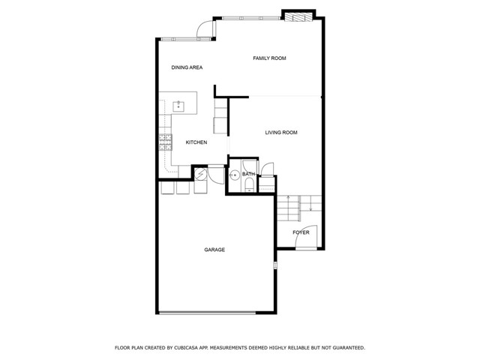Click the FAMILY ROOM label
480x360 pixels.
coord(269,58)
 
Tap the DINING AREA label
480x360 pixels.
coord(187,67)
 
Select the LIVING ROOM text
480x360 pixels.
coord(281,133)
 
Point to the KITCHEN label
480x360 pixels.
coord(196,142)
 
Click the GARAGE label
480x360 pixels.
coord(214,250)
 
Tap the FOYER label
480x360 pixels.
coord(301,232)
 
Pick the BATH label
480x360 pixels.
coord(248,174)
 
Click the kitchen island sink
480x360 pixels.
coord(178,106)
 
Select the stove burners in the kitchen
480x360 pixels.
coord(165,142)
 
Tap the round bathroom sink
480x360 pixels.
coord(235,175)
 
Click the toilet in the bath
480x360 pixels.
coord(250,186)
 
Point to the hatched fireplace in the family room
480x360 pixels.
coord(298,17)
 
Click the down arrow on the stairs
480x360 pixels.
coord(310,203)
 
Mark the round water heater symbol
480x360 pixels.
coord(201,174)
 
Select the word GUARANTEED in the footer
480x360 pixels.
coord(349,348)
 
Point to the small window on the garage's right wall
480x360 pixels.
coord(275,265)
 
